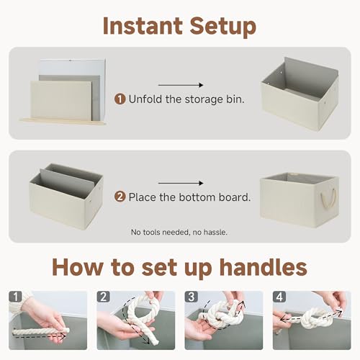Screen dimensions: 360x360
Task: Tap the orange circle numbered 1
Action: point(120,99)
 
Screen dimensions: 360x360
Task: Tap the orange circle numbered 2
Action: point(120,196)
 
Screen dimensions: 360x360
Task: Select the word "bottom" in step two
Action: point(201,196)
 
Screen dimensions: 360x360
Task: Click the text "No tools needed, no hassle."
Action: point(180,232)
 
